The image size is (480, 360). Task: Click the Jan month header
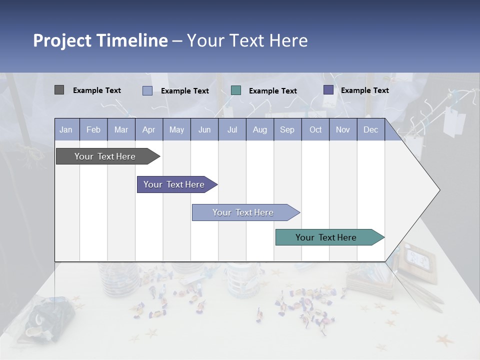coord(66,129)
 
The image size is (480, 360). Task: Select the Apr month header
coord(148,129)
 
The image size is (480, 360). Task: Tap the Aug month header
coord(259,129)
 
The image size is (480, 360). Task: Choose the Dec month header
coord(370,129)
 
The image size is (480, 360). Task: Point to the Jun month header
coord(204,129)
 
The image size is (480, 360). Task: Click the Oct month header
coord(315,129)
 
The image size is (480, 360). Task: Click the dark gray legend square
coord(59,90)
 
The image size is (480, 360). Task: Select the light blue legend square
coord(147,90)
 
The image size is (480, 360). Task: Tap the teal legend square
coord(236,90)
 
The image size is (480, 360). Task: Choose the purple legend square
coord(328,90)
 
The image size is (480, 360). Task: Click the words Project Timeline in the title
coord(100,40)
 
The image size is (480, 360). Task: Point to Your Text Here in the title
coord(247,40)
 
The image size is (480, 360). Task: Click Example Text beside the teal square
coord(272,91)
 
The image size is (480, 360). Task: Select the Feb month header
coord(93,129)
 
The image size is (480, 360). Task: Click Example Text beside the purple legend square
coord(364,90)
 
